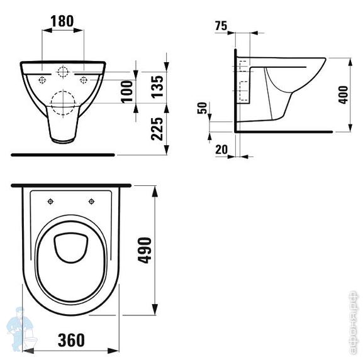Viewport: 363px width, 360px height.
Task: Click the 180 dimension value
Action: tap(62, 21)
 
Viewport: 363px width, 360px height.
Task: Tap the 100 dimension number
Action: tap(128, 91)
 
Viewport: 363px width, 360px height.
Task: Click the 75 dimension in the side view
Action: tap(220, 26)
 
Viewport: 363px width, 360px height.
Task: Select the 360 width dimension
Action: tap(70, 340)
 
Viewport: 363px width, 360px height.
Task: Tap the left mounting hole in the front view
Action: tap(42, 79)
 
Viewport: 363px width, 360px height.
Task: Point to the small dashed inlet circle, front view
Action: tap(62, 72)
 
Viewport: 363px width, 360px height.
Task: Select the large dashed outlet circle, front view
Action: tap(62, 103)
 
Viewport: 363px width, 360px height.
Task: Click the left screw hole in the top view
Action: tap(50, 202)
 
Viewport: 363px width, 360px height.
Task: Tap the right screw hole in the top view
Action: tap(92, 202)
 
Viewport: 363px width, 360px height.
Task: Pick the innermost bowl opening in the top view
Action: tap(70, 249)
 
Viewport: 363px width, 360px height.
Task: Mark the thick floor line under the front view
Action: tap(63, 153)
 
